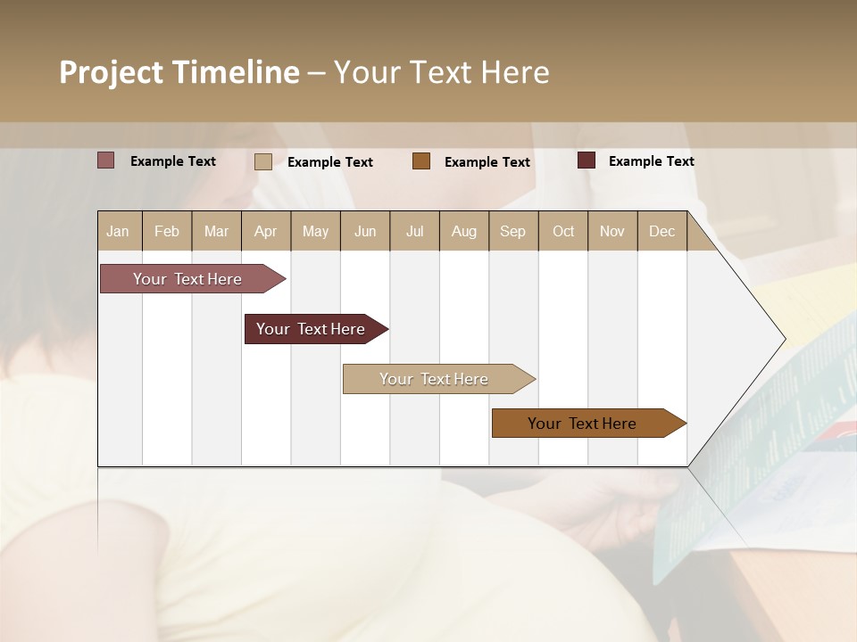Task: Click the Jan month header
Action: [x=119, y=231]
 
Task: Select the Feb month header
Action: [x=167, y=231]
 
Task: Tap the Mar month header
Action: [x=216, y=231]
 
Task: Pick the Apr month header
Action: [x=266, y=231]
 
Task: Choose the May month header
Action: [x=315, y=231]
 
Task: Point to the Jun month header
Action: [x=365, y=231]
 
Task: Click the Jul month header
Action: [x=414, y=231]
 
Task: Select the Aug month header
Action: [x=464, y=231]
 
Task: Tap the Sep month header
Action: [x=513, y=231]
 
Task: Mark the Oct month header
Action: [x=563, y=231]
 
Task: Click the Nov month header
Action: [x=612, y=231]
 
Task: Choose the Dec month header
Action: [x=662, y=231]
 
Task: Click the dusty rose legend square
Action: [x=105, y=160]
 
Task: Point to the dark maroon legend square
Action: [x=587, y=160]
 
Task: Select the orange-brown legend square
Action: [x=421, y=161]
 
